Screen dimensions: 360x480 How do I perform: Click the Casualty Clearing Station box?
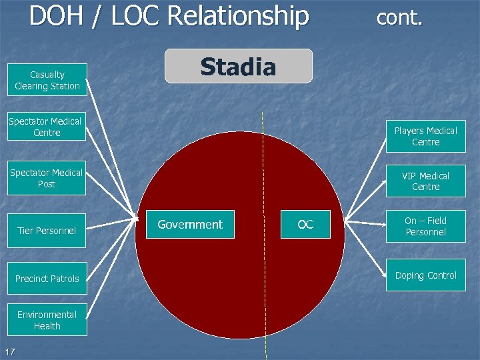click(47, 81)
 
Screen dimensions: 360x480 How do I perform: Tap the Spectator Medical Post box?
click(47, 178)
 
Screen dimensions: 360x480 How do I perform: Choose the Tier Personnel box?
click(47, 231)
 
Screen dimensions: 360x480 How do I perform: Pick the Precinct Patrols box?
click(47, 279)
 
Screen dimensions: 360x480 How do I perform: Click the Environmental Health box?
click(47, 320)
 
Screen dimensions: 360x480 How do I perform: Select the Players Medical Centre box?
click(425, 137)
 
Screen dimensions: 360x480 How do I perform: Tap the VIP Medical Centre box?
click(425, 181)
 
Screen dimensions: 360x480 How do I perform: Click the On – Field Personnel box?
click(425, 227)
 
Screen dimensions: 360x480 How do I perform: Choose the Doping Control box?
click(425, 275)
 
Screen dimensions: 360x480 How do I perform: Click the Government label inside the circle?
click(190, 225)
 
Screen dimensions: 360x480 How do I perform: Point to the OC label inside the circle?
click(305, 225)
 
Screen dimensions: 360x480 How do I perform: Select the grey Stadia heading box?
click(239, 67)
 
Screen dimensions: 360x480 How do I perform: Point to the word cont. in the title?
click(399, 17)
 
